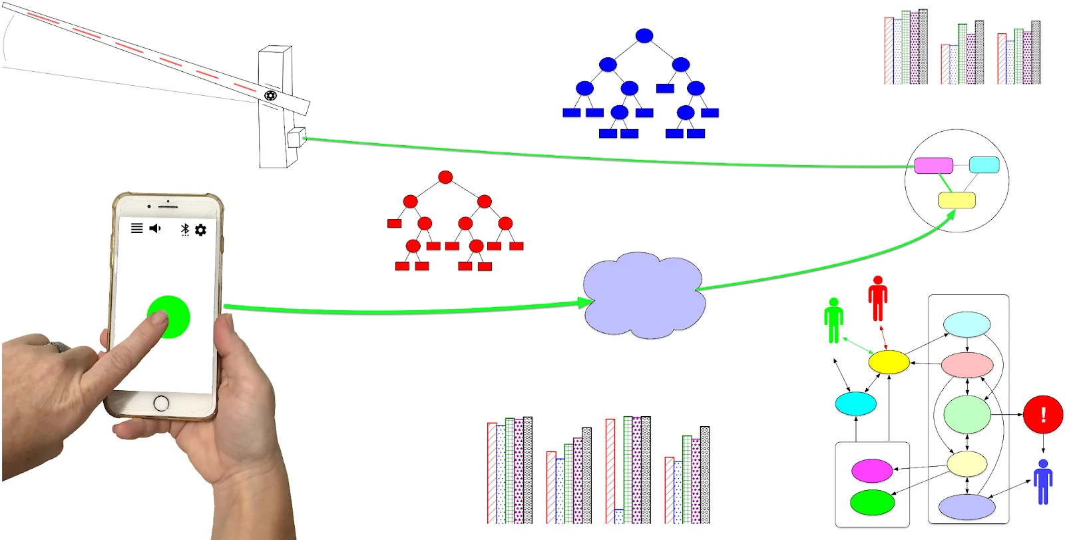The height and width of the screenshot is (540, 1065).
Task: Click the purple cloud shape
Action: tap(643, 296)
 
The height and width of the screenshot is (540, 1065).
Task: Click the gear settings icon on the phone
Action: tap(200, 230)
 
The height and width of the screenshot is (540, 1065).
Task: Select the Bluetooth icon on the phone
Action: tap(185, 229)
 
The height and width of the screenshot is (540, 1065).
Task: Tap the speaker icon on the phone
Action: tap(155, 228)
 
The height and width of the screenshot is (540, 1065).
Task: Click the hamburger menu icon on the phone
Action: tap(136, 228)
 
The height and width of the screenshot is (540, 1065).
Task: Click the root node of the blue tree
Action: tap(644, 36)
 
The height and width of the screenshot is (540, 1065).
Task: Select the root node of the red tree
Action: tap(445, 177)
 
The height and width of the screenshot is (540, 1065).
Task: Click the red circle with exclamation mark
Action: tap(1042, 414)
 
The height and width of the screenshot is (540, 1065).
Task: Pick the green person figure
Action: tap(833, 320)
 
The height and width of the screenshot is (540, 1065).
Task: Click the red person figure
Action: tap(877, 298)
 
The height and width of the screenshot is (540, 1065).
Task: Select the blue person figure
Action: tap(1042, 481)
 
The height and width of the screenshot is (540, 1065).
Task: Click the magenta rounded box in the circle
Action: tap(933, 165)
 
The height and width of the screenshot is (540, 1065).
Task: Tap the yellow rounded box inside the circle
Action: tap(957, 200)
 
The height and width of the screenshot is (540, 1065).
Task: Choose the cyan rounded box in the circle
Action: tap(984, 164)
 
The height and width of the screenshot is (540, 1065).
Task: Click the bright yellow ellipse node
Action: tap(889, 362)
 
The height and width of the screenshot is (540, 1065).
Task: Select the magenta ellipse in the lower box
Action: tap(871, 470)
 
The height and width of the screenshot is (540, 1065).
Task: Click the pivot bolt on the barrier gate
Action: tap(270, 96)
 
